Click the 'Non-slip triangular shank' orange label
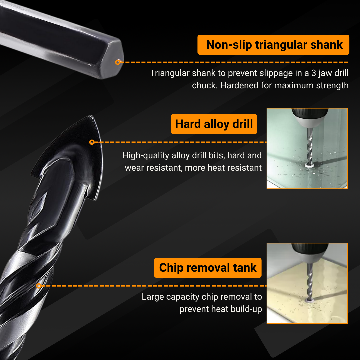[273, 45]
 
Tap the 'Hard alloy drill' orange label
[214, 124]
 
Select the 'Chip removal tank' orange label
[208, 268]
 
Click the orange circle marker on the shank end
[117, 62]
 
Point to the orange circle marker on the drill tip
[92, 142]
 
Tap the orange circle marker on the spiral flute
[39, 286]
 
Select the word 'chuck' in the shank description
[204, 85]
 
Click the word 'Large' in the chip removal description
[152, 297]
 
